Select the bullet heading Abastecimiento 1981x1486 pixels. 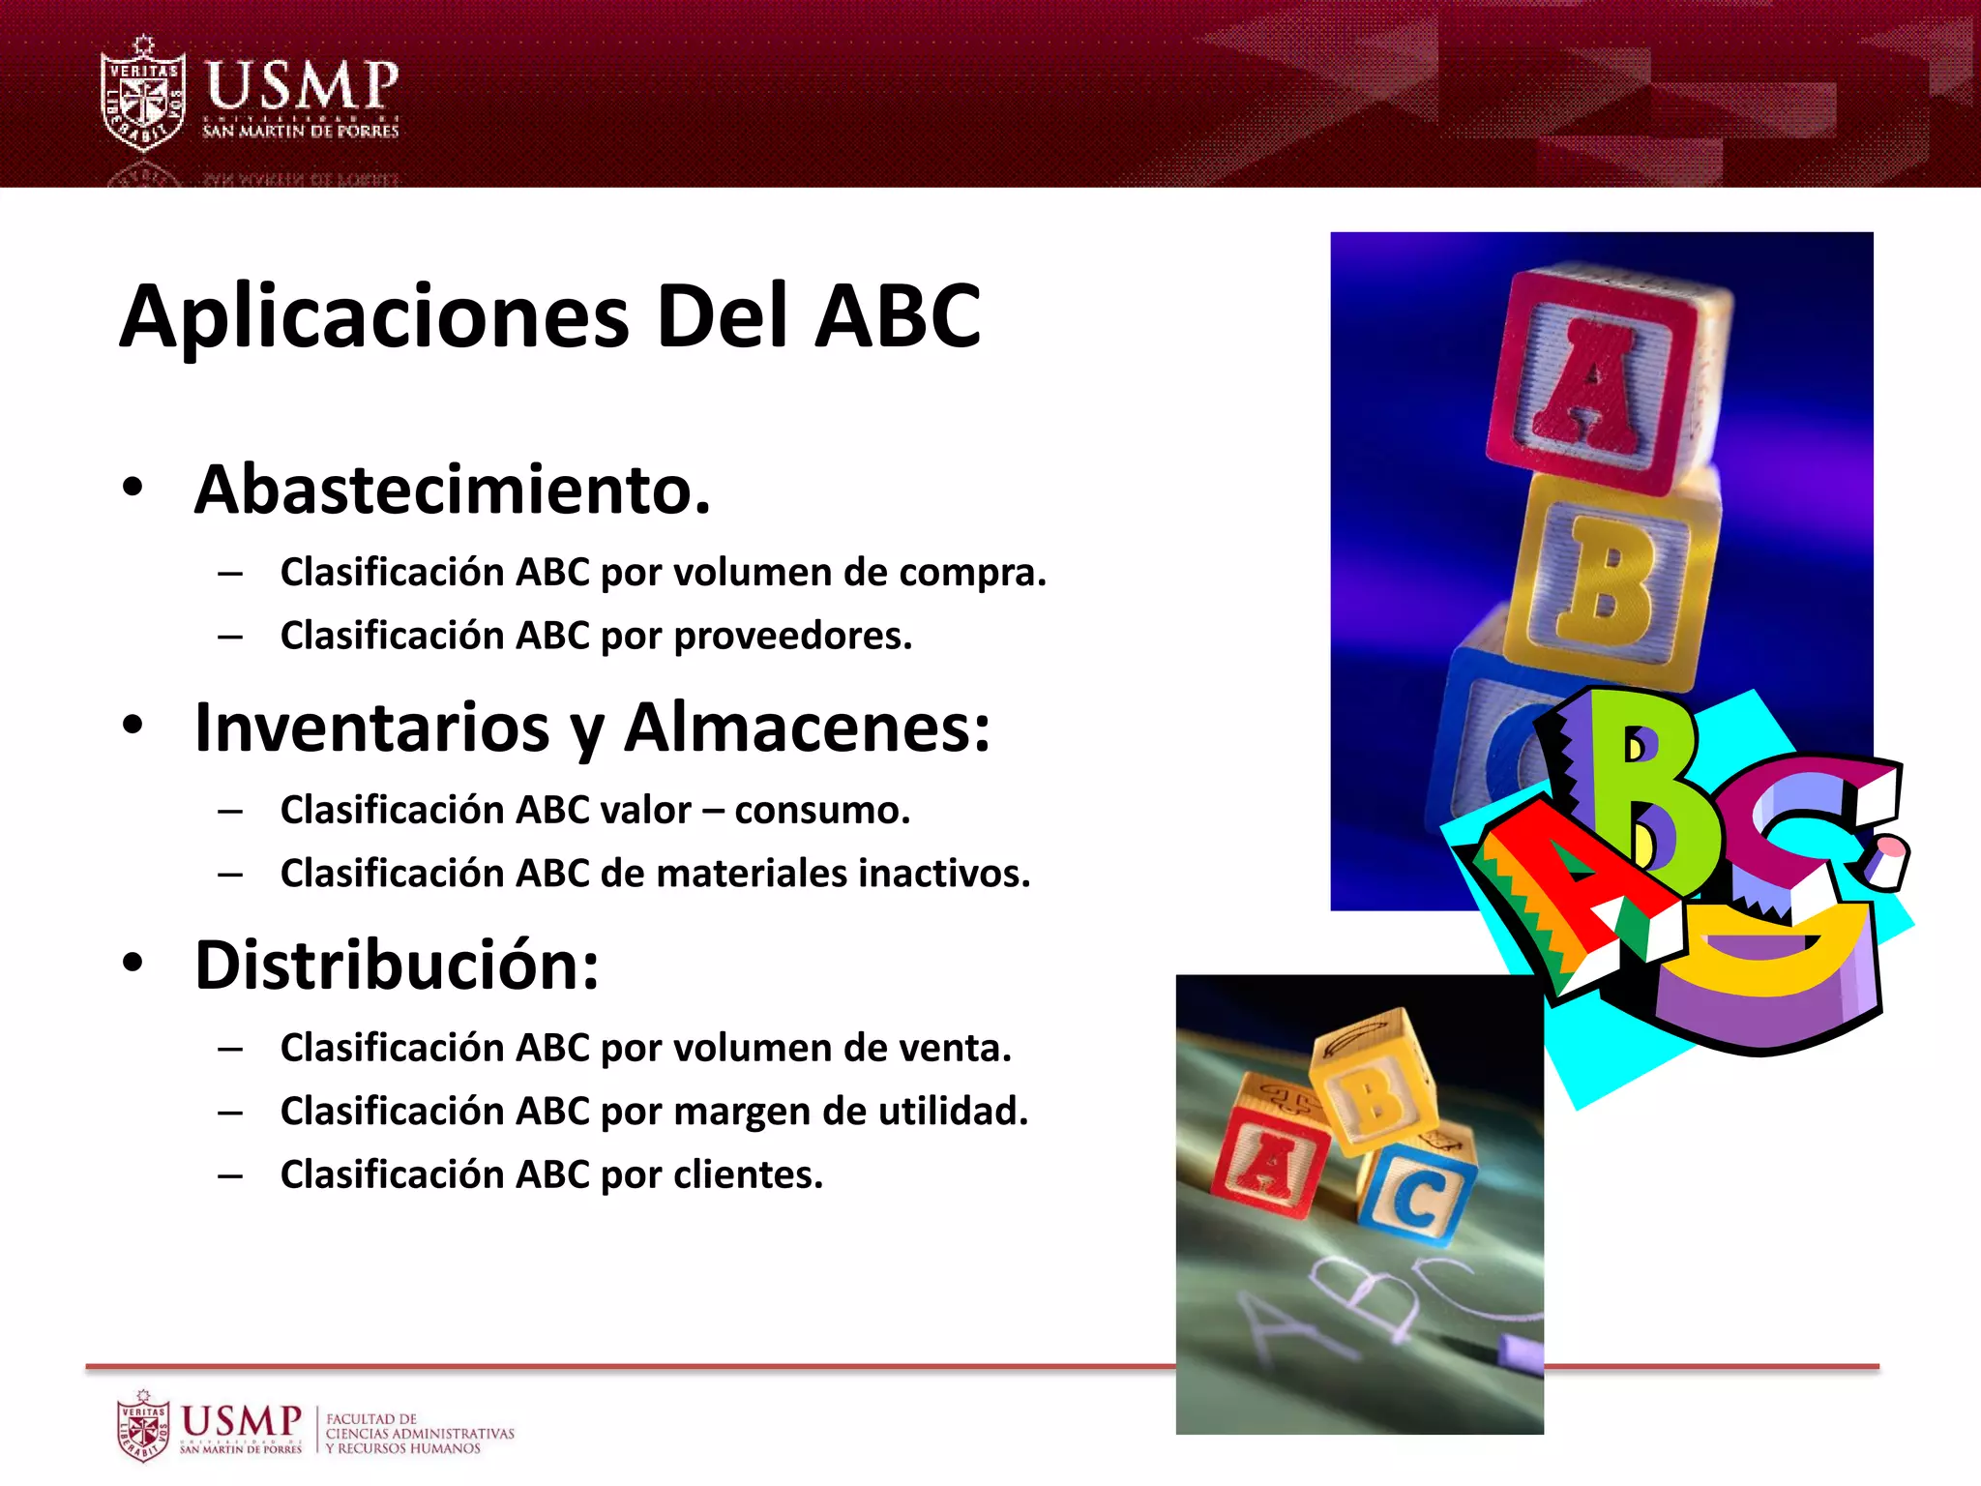pyautogui.click(x=452, y=490)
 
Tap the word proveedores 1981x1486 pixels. pyautogui.click(x=792, y=636)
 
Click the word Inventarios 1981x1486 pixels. pyautogui.click(x=372, y=728)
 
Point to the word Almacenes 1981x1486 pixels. pyautogui.click(x=807, y=728)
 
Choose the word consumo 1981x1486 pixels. pyautogui.click(x=822, y=810)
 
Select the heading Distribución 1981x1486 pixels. pyautogui.click(x=397, y=966)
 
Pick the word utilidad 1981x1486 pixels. pyautogui.click(x=953, y=1111)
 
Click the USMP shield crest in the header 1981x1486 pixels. pyautogui.click(x=143, y=95)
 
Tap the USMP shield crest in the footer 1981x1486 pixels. pyautogui.click(x=142, y=1427)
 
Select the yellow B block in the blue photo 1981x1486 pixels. pyautogui.click(x=1611, y=580)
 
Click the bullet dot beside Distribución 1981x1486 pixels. pyautogui.click(x=133, y=964)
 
